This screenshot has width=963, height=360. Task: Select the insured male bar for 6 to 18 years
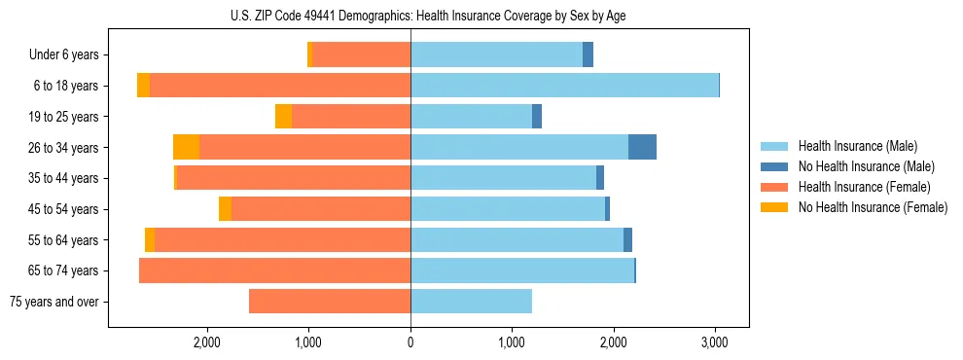564,86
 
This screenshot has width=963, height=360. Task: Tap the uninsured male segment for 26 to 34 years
642,147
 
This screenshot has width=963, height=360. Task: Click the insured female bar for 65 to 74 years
274,270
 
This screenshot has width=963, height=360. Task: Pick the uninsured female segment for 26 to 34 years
186,147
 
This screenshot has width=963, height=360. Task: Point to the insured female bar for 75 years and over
330,302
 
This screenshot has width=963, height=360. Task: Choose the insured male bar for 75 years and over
471,302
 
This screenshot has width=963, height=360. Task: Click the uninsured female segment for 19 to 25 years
283,117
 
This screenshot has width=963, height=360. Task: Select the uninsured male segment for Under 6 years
588,54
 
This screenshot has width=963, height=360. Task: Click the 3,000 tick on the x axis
715,342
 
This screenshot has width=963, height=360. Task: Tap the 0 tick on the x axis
410,342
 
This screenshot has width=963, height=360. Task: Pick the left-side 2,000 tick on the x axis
206,342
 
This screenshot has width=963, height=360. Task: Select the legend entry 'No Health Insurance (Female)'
872,207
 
